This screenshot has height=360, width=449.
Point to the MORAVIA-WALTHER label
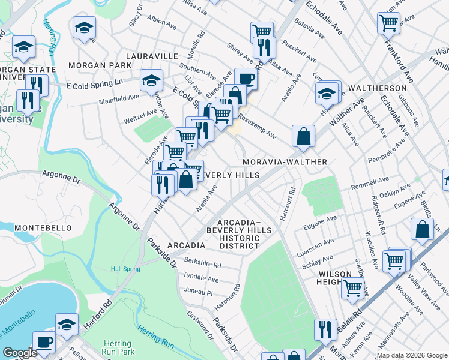[285, 162]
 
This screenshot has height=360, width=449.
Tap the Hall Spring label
[125, 269]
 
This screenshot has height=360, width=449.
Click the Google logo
[19, 353]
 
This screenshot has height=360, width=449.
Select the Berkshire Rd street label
[203, 265]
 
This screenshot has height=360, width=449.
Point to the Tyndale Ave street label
[201, 279]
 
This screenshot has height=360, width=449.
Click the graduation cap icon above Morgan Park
[85, 28]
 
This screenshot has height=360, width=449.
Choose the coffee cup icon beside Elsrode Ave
[245, 79]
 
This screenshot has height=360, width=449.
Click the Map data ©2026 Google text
[412, 355]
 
